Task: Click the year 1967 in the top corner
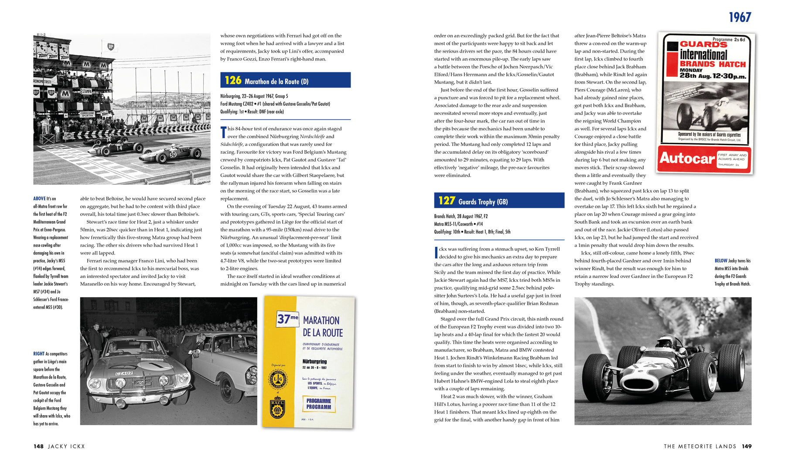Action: (740, 17)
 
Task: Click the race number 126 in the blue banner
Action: (233, 81)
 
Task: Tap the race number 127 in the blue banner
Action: (447, 201)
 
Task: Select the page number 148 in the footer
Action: (38, 447)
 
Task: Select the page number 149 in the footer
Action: (747, 447)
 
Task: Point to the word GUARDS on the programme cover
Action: (703, 44)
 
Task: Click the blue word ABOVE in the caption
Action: (39, 199)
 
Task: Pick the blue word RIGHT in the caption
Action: (39, 354)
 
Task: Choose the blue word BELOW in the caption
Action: (721, 261)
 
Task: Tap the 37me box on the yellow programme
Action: (287, 319)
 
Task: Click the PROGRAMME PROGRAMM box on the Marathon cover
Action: (318, 404)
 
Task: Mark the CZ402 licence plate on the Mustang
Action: (124, 373)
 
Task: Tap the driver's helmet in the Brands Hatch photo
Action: (665, 341)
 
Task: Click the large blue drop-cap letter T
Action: (223, 132)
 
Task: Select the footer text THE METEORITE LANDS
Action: (700, 447)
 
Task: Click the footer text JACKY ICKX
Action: (66, 447)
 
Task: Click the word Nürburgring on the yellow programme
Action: (314, 362)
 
